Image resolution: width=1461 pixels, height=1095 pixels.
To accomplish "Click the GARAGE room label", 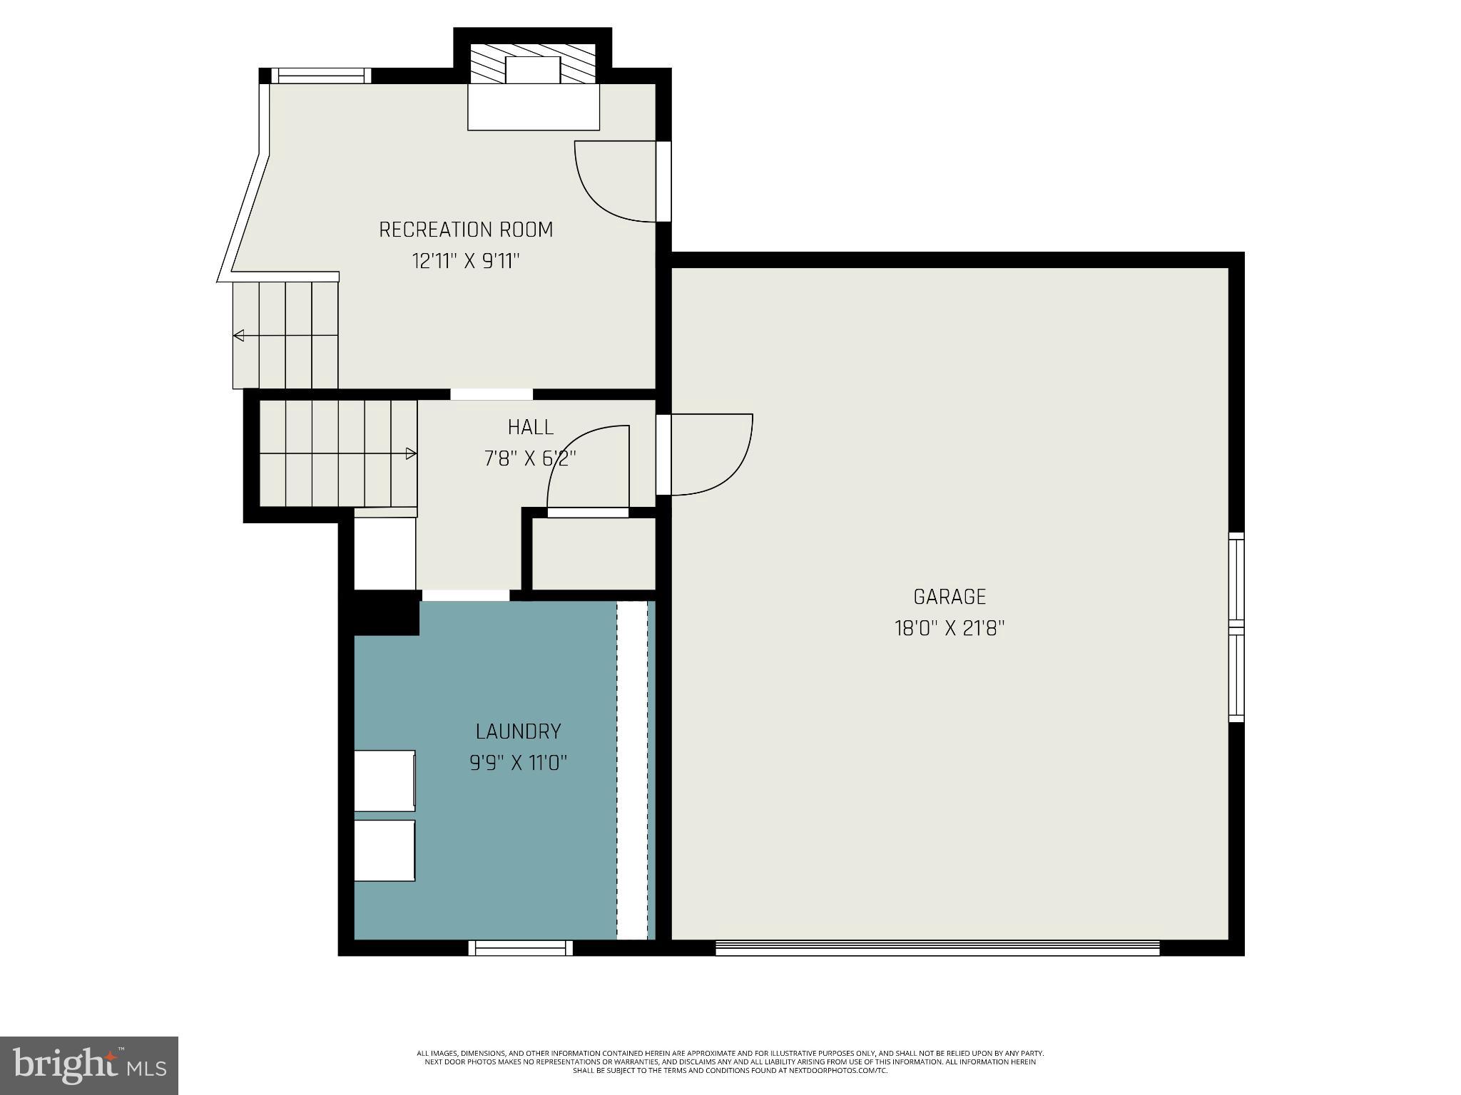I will pyautogui.click(x=950, y=596).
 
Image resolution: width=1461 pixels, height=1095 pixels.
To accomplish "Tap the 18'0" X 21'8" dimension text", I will pyautogui.click(x=950, y=628).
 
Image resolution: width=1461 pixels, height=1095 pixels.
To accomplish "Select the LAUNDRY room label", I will pyautogui.click(x=518, y=731).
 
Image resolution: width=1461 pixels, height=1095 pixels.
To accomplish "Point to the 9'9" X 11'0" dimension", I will pyautogui.click(x=518, y=764).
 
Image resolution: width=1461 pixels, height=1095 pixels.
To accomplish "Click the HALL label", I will pyautogui.click(x=530, y=427).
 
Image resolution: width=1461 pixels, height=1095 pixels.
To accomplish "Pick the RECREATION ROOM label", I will pyautogui.click(x=465, y=230).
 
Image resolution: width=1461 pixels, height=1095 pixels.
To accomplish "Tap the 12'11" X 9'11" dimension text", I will pyautogui.click(x=465, y=261).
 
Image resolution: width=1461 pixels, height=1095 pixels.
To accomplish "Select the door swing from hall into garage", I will pyautogui.click(x=710, y=453).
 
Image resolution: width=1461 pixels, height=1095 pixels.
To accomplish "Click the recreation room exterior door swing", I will pyautogui.click(x=614, y=182).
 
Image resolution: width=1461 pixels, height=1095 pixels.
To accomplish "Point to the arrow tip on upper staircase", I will pyautogui.click(x=238, y=336).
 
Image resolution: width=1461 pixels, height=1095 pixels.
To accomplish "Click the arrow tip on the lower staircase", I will pyautogui.click(x=412, y=453).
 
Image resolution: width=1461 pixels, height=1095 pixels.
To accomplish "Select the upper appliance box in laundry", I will pyautogui.click(x=385, y=780).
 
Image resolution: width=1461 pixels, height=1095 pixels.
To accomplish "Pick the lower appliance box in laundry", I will pyautogui.click(x=385, y=850).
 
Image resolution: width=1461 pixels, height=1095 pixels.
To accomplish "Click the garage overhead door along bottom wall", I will pyautogui.click(x=937, y=948).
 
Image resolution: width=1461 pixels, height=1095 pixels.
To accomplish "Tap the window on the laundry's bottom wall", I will pyautogui.click(x=520, y=948).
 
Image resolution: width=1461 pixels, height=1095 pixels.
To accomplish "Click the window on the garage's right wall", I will pyautogui.click(x=1236, y=627).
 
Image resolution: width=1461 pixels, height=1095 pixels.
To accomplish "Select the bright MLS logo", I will pyautogui.click(x=89, y=1065).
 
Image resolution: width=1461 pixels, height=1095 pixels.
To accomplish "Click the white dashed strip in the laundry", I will pyautogui.click(x=631, y=770).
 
